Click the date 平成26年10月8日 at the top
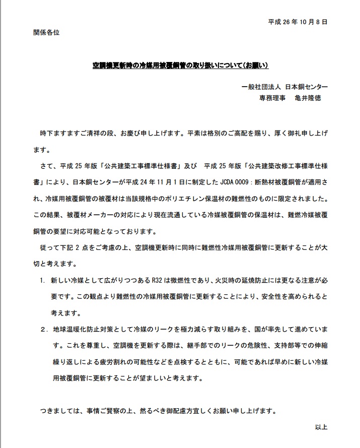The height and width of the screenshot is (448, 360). pyautogui.click(x=298, y=22)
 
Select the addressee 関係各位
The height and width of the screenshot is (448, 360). pyautogui.click(x=46, y=32)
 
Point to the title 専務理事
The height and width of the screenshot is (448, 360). pyautogui.click(x=272, y=98)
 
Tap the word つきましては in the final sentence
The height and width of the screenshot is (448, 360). pyautogui.click(x=57, y=410)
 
